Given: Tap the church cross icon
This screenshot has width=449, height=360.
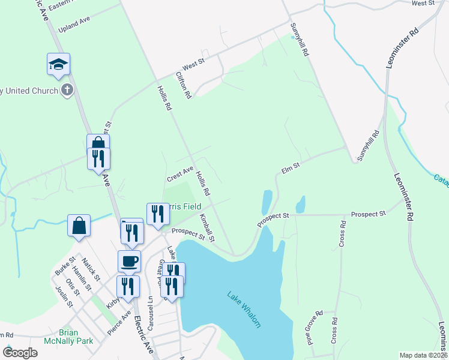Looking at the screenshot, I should pos(67,91).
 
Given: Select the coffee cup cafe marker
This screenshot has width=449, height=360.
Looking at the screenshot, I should pos(129,262).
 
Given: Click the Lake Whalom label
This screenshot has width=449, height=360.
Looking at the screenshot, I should pos(244,309).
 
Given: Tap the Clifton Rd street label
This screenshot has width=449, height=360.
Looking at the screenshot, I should pos(183,85).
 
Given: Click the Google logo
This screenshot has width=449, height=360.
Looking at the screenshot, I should pos(20,353).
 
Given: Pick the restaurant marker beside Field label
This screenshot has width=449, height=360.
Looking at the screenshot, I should pos(157,214).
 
